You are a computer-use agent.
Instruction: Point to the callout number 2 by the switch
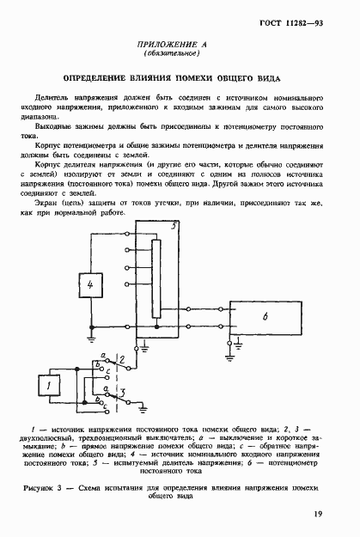(x=124, y=357)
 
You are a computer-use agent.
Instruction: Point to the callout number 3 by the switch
(x=124, y=394)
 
